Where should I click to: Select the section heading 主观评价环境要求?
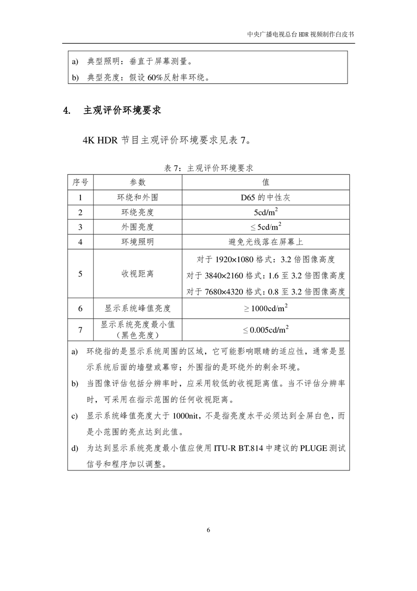click(x=122, y=111)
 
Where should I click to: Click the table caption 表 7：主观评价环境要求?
click(x=209, y=168)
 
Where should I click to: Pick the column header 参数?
click(x=138, y=182)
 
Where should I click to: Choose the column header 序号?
click(x=80, y=182)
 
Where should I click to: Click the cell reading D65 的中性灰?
click(x=266, y=198)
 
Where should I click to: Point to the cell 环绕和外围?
click(x=138, y=198)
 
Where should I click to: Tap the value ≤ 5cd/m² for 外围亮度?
click(x=266, y=227)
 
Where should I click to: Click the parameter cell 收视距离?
click(x=138, y=274)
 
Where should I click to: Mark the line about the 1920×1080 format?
click(x=266, y=259)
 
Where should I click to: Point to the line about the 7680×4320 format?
click(x=266, y=291)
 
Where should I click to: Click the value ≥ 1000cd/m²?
click(x=266, y=308)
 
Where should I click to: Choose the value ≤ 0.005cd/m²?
click(x=266, y=330)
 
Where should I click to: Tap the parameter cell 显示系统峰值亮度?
click(x=138, y=308)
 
